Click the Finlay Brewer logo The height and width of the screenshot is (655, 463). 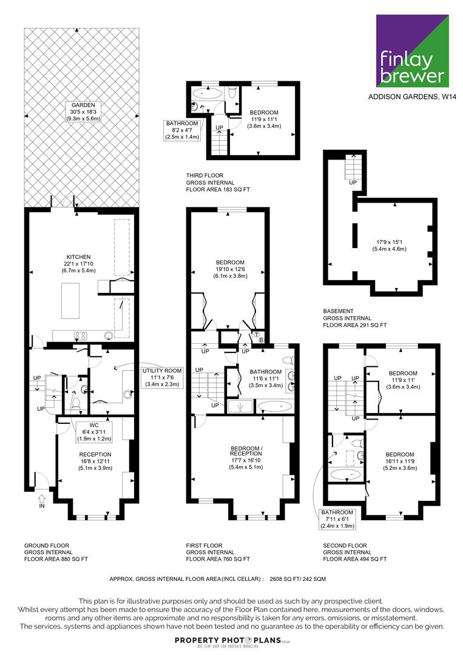click(413, 50)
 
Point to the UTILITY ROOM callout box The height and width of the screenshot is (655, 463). click(162, 377)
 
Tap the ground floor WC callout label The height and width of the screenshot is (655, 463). click(94, 432)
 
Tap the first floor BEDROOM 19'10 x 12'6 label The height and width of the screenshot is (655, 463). click(230, 269)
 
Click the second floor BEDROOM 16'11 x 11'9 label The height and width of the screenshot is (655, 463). click(400, 461)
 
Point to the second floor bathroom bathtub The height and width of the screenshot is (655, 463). click(345, 474)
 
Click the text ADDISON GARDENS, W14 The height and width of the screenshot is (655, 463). click(412, 97)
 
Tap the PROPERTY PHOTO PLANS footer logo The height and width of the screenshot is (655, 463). click(232, 640)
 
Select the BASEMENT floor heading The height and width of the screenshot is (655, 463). click(339, 311)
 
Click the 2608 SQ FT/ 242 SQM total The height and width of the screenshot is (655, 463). click(298, 579)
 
